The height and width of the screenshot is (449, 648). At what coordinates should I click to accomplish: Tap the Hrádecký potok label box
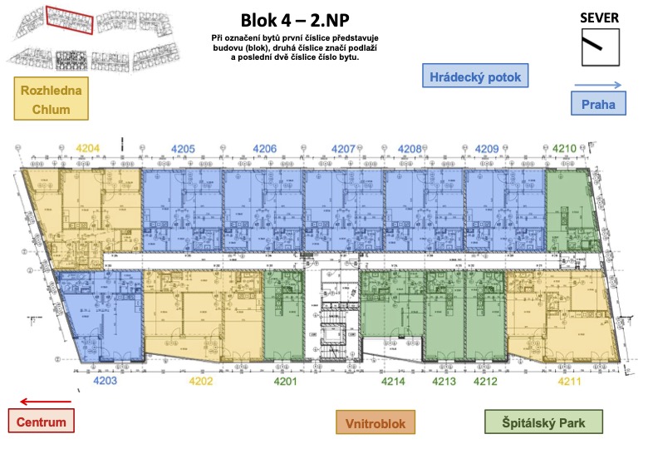click(x=476, y=77)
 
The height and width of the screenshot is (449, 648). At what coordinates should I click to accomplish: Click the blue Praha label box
click(x=598, y=105)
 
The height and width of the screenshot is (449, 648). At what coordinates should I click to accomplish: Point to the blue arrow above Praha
click(x=598, y=85)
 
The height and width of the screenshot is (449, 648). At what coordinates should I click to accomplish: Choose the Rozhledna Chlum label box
click(x=52, y=100)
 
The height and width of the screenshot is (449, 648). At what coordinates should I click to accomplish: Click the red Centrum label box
click(x=42, y=422)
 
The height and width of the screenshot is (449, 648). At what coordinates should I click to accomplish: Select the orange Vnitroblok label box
click(x=375, y=423)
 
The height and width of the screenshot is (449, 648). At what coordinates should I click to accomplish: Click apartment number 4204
click(x=87, y=149)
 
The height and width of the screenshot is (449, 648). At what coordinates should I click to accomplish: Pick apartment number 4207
click(x=344, y=149)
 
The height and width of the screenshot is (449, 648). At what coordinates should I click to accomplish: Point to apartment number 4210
click(x=564, y=149)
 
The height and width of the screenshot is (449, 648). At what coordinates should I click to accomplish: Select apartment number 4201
click(x=285, y=381)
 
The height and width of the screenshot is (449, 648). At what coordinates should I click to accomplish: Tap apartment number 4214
click(x=393, y=381)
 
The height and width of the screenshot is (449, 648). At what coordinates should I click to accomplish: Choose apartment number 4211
click(x=568, y=381)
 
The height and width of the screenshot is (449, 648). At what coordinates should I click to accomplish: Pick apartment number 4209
click(x=487, y=149)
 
